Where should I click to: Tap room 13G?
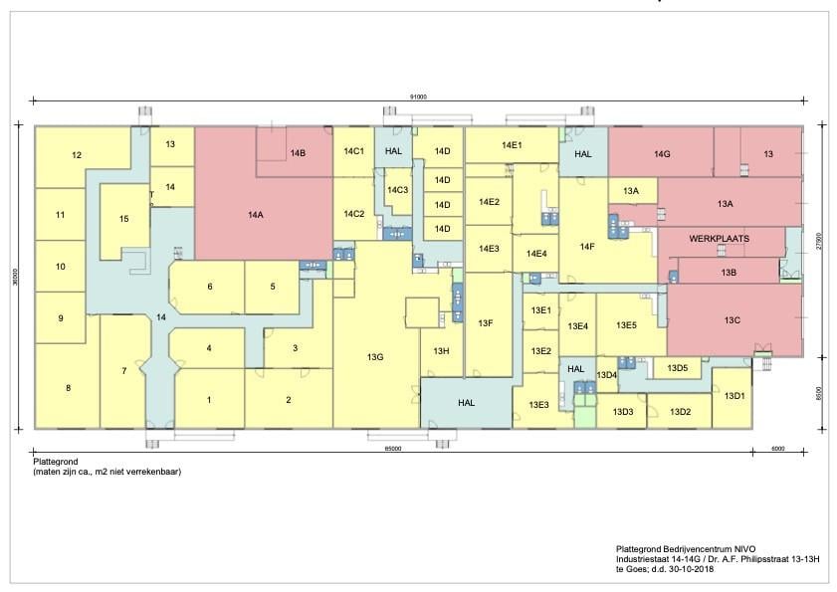[x=374, y=357]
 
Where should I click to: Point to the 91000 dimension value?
[x=418, y=97]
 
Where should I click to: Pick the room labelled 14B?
[x=297, y=152]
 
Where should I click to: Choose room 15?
[x=123, y=219]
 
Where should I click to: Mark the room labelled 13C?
[x=732, y=320]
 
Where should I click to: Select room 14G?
[x=662, y=154]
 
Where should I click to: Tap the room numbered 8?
[x=68, y=387]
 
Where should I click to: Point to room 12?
[x=77, y=155]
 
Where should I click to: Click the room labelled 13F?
[x=486, y=323]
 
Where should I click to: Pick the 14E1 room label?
[x=512, y=145]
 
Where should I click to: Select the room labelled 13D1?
[x=733, y=396]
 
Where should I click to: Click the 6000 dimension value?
[x=776, y=449]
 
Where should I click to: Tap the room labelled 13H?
[x=441, y=351]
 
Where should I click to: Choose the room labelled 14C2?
[x=353, y=214]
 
